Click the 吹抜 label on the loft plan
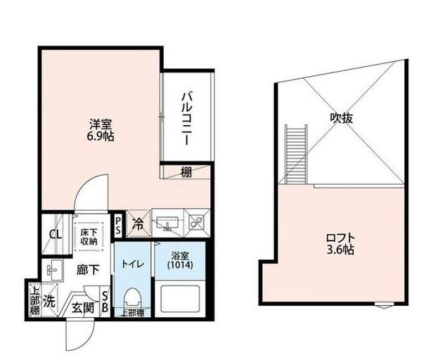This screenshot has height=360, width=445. pos(342,118)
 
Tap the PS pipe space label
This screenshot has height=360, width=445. pos(119,225)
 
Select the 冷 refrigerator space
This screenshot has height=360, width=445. pos(138,225)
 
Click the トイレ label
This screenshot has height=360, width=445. pos(133,264)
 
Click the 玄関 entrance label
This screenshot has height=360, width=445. pos(83,307)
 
